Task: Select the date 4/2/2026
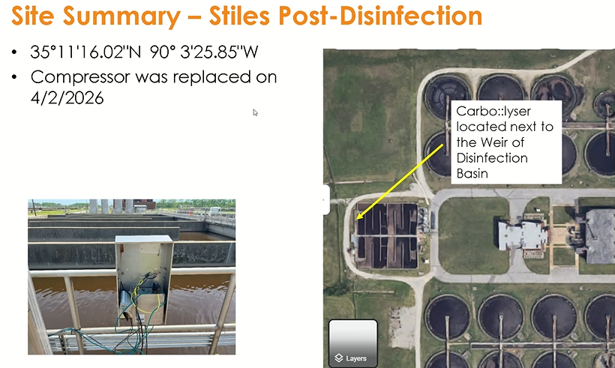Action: click(x=67, y=97)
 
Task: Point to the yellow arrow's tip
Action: click(x=358, y=220)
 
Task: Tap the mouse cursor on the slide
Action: click(x=255, y=112)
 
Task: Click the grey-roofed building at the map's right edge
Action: click(x=598, y=235)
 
